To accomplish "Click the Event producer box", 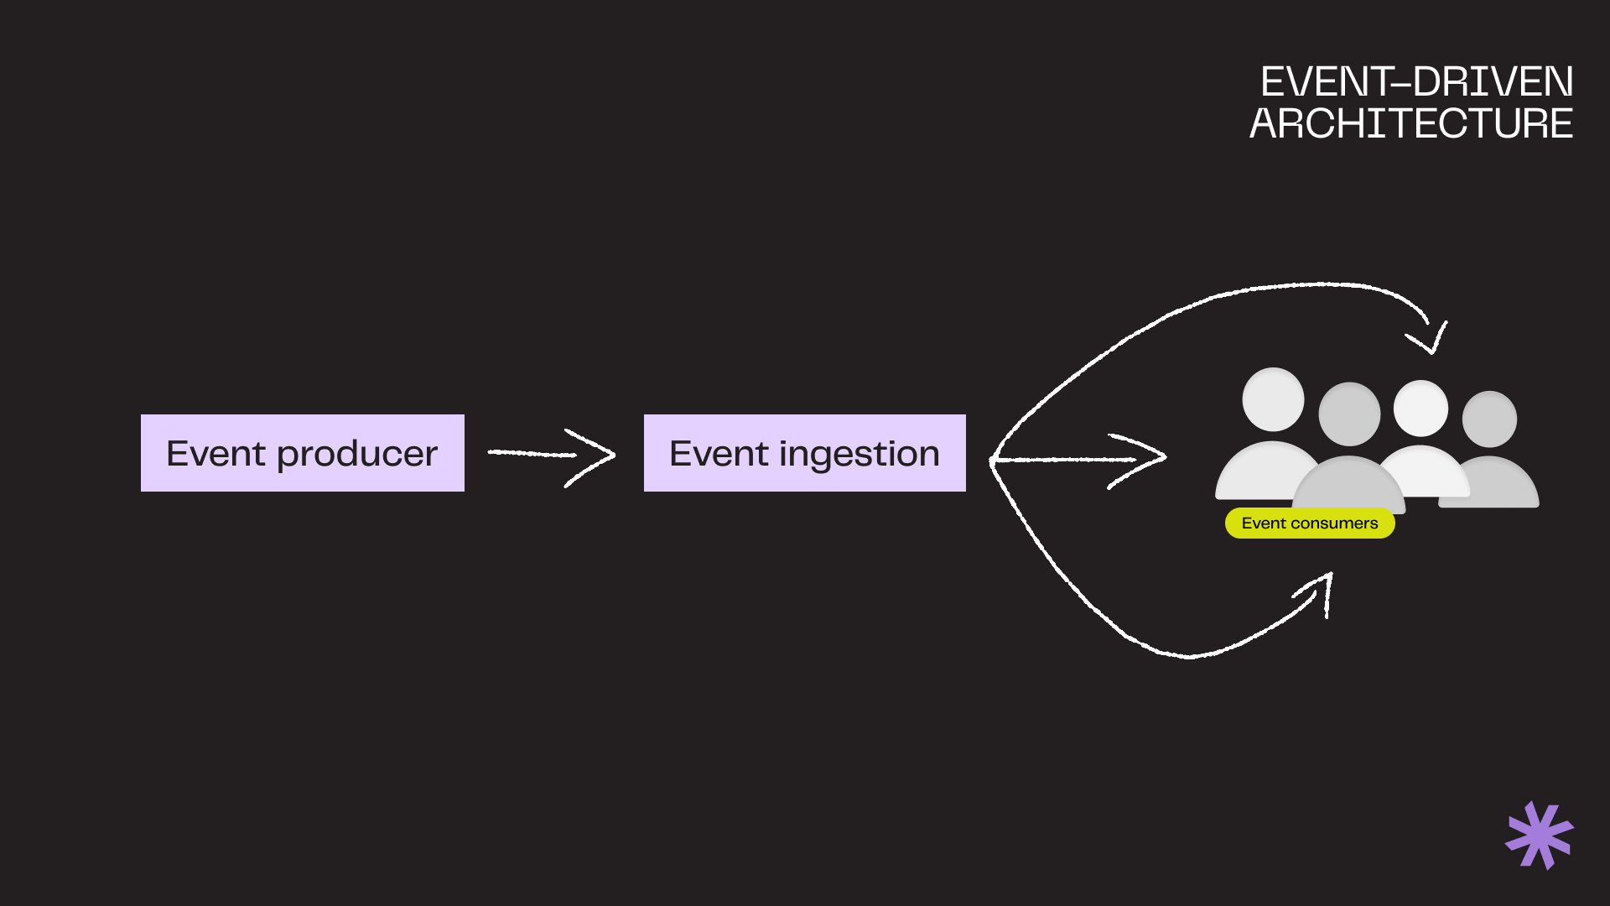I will (x=302, y=453).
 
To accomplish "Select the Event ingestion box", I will (x=804, y=453).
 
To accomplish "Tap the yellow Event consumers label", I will (x=1310, y=523).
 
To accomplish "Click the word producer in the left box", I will (x=357, y=455).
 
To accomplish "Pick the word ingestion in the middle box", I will (x=859, y=455).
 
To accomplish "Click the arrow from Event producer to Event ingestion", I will (x=551, y=456).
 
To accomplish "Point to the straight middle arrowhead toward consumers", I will (x=1149, y=458).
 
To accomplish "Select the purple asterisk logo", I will (x=1540, y=836).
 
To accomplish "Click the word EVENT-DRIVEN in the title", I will (x=1416, y=82).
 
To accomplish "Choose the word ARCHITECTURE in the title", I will (x=1411, y=123).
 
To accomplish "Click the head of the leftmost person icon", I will (x=1273, y=399).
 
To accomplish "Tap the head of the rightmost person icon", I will (x=1489, y=419).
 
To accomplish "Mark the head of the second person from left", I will (x=1349, y=414).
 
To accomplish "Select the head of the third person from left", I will (x=1420, y=409).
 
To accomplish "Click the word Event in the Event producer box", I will (x=216, y=454).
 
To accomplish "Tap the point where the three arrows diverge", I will (x=993, y=460).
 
